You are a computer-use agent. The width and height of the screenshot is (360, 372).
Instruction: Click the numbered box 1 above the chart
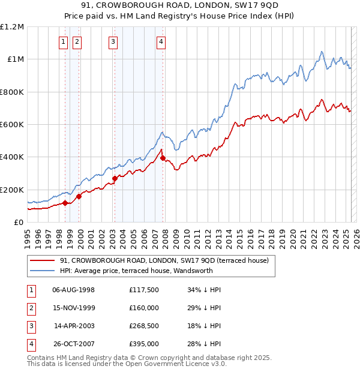point(64,41)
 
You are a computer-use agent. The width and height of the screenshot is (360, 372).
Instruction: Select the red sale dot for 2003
point(115,178)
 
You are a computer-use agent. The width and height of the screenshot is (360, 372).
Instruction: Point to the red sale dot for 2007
point(163,158)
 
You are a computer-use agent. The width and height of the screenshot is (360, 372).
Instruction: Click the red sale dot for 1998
point(65,203)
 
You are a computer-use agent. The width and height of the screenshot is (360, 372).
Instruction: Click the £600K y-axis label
point(12,124)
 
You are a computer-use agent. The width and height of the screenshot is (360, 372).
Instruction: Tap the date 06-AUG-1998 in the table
point(74,290)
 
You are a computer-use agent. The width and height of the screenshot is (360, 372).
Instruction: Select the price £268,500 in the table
point(144,326)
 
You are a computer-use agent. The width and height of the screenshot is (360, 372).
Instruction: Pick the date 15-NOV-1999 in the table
point(74,308)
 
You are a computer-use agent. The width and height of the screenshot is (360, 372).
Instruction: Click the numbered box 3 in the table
point(30,326)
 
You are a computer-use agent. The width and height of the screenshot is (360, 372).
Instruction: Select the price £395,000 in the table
point(144,344)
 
